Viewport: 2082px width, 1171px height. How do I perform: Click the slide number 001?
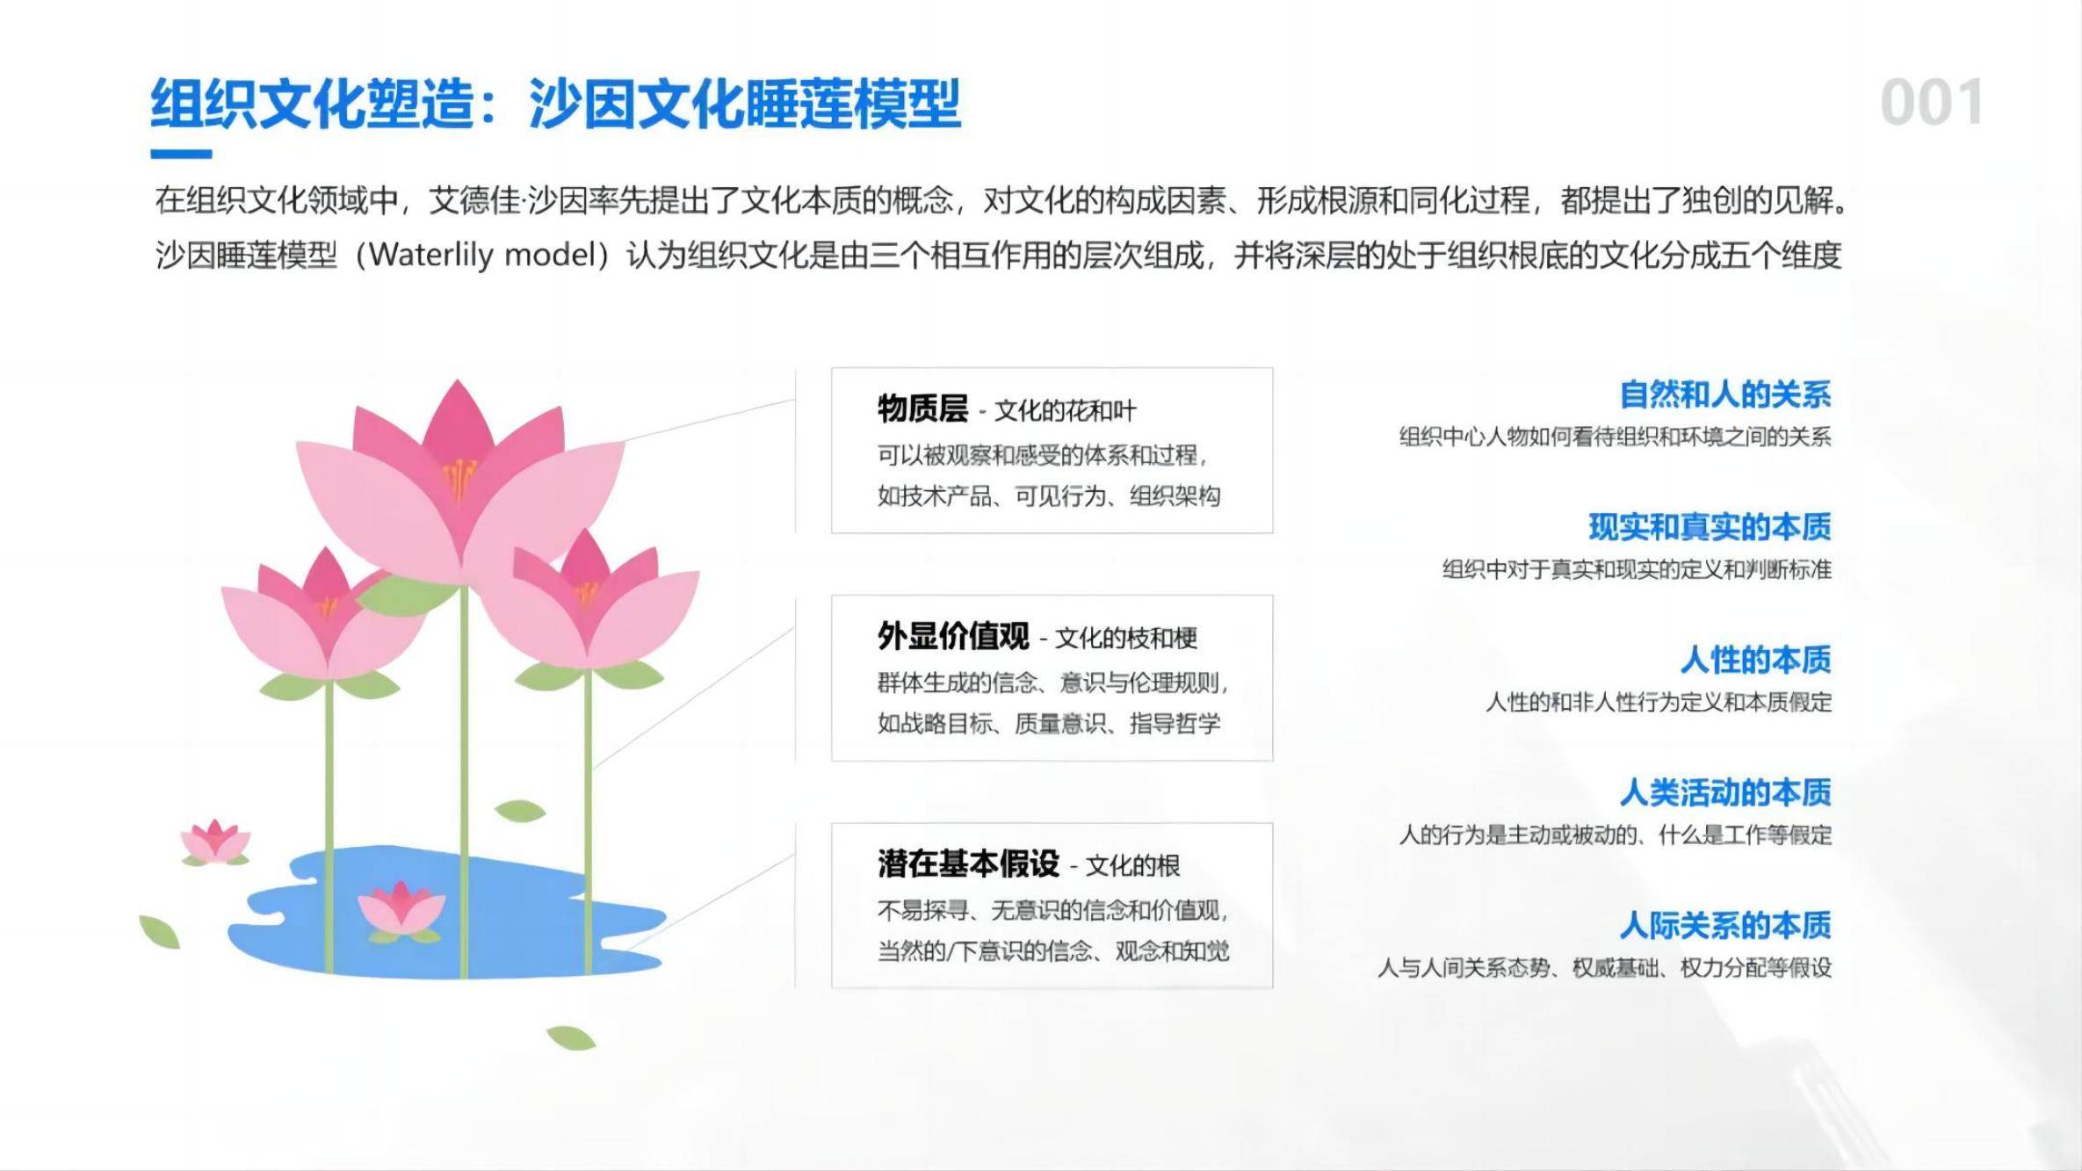point(1931,103)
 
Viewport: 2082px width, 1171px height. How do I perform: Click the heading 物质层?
point(922,408)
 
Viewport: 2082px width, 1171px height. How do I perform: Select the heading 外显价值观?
point(953,636)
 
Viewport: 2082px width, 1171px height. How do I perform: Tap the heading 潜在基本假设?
point(968,864)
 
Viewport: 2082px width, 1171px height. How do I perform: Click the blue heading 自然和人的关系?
point(1725,394)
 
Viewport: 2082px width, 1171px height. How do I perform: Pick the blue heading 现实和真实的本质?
point(1710,527)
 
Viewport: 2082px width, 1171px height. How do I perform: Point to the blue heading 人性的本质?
point(1756,660)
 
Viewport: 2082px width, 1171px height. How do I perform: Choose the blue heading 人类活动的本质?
point(1725,792)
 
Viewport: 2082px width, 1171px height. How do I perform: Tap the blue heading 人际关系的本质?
point(1725,925)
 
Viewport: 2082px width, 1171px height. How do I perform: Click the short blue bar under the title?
point(181,155)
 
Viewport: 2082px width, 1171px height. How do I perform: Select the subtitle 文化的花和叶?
point(1065,410)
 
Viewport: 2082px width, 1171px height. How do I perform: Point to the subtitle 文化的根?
point(1133,866)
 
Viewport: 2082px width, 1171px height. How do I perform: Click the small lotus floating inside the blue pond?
point(401,910)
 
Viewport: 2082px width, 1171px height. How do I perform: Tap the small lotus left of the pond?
point(214,842)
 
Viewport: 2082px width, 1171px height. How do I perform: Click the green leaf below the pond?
point(571,1038)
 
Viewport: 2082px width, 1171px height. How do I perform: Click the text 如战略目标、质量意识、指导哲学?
point(1049,723)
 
